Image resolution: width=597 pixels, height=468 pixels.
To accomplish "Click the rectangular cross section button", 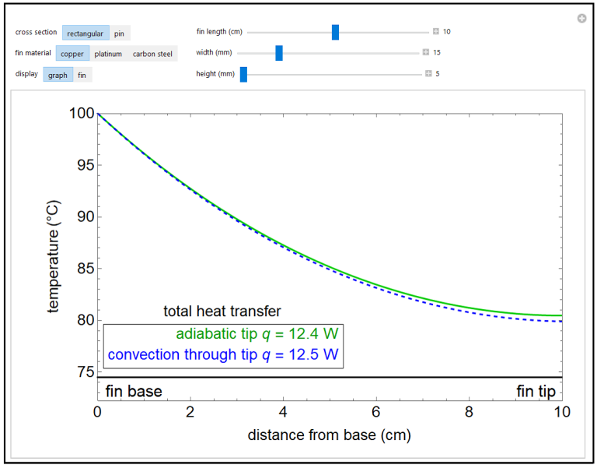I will (86, 33).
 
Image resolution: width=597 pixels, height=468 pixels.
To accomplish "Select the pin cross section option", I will (120, 33).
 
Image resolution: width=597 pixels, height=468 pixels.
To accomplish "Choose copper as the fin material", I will (72, 54).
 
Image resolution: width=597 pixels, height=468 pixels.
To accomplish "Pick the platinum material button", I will (108, 54).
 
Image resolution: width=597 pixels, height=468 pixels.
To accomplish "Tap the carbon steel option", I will (152, 54).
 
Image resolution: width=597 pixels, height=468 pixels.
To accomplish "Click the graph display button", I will (58, 75).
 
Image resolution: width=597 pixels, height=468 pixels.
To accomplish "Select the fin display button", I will (82, 75).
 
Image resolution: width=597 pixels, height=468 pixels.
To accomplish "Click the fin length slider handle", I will (335, 32).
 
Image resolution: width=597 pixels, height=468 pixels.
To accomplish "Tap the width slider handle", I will (279, 53).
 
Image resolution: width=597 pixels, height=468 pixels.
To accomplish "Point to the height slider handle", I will (243, 74).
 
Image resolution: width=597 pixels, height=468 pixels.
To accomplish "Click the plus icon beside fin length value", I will (436, 32).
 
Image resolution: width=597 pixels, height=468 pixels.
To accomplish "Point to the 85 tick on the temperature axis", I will (82, 269).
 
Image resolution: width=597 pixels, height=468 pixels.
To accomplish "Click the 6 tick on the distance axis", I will (376, 410).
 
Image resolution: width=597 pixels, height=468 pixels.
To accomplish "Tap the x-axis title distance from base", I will (329, 435).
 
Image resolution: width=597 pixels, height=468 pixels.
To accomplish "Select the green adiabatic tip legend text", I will (257, 334).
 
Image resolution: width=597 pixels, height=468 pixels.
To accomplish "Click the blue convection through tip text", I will (223, 354).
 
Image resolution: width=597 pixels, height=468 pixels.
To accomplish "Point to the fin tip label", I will (536, 391).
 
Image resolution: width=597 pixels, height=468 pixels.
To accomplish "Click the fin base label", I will (134, 391).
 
